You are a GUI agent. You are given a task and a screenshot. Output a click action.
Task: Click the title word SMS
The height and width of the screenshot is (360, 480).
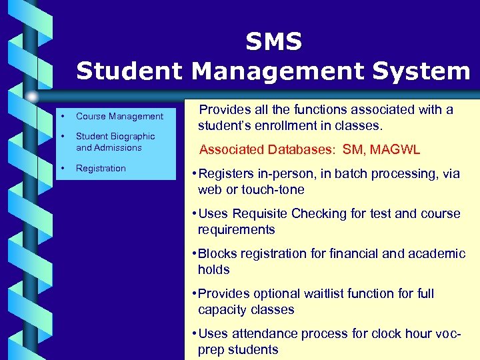point(273,42)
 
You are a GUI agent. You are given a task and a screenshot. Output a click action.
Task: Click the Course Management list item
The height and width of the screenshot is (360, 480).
point(119,116)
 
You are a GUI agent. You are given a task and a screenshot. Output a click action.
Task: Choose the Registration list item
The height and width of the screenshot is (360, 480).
point(101,168)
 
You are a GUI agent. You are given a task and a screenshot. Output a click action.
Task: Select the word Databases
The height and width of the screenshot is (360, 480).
point(303,150)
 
